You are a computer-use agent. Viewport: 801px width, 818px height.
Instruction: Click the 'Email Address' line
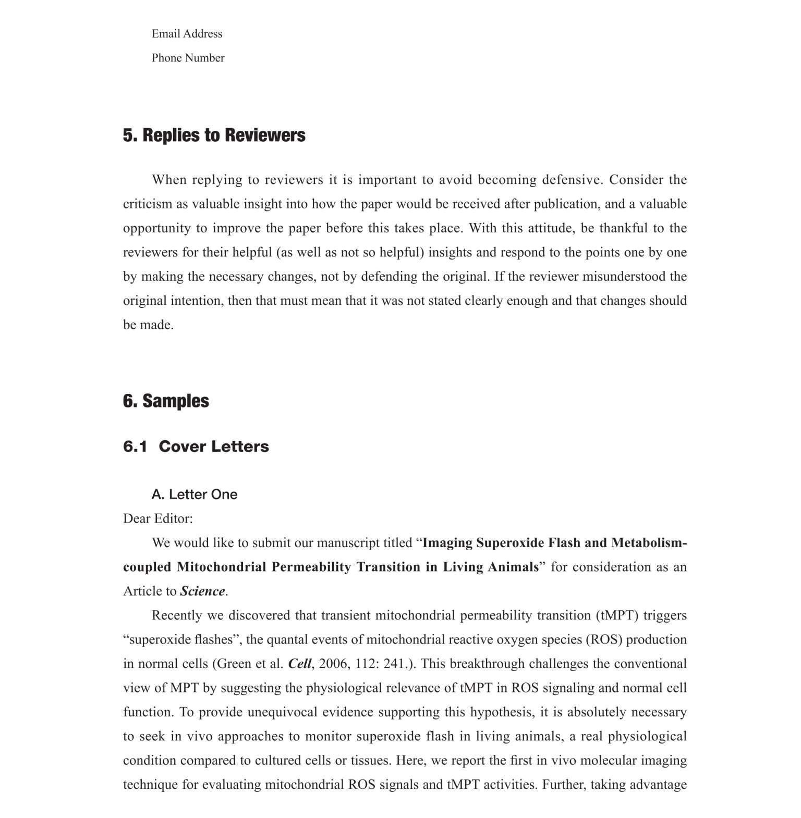[187, 34]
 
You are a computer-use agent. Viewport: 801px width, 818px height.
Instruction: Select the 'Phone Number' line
[188, 58]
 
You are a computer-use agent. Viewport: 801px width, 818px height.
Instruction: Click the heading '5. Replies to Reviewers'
[214, 135]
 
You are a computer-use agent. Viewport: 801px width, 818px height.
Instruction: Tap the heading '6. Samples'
[166, 401]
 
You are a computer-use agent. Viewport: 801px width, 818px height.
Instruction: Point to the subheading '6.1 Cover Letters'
[196, 447]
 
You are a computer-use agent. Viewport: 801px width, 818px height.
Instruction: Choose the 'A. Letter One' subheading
[194, 494]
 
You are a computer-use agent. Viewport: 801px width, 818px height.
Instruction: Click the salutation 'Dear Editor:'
[157, 519]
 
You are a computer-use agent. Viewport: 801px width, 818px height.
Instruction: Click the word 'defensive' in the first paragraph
[572, 180]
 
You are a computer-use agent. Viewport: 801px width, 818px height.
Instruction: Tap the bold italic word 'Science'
[202, 591]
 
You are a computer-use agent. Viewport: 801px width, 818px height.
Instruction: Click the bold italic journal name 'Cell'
[299, 664]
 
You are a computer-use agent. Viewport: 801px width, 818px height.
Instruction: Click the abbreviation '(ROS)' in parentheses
[604, 640]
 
